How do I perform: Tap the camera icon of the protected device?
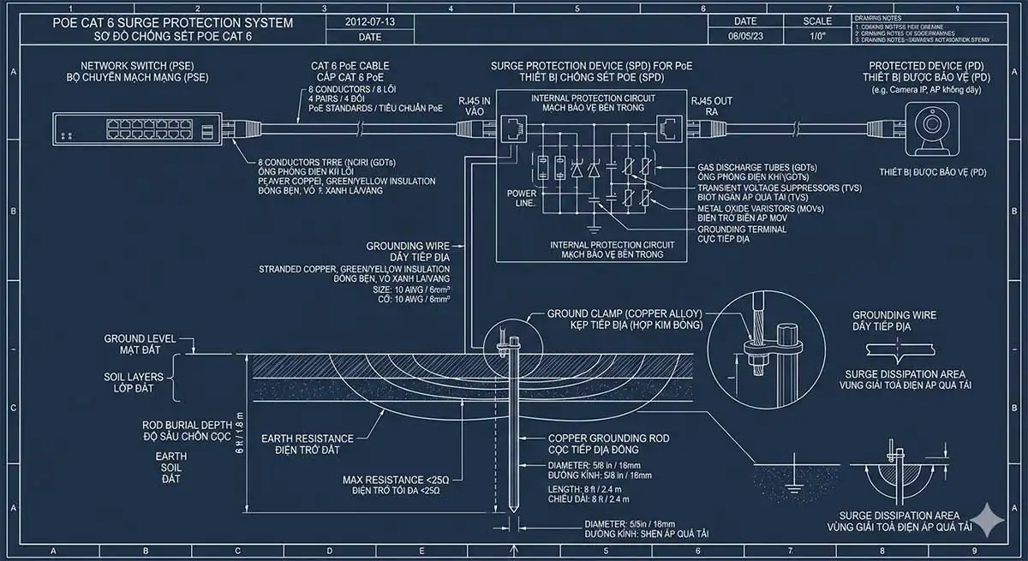pos(930,128)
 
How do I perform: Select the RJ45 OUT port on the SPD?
pos(666,129)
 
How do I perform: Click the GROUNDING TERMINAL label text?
pos(742,230)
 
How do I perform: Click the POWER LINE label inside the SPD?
pos(522,198)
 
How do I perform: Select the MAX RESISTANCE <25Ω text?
pos(396,480)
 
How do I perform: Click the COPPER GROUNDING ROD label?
pos(608,439)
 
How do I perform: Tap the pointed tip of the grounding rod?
pos(512,515)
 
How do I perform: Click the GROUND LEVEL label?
pos(140,338)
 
